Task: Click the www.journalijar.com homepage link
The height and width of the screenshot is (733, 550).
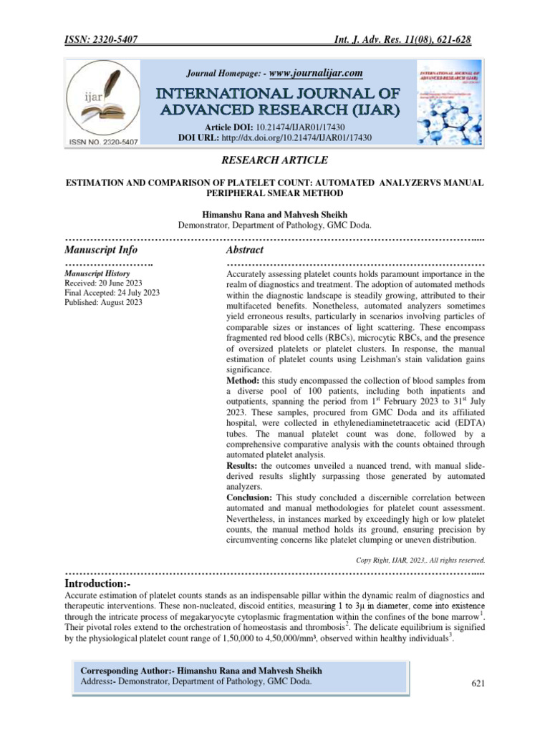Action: [317, 73]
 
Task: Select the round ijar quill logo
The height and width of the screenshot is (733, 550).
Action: [105, 102]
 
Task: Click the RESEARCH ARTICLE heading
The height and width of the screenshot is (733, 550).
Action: [275, 161]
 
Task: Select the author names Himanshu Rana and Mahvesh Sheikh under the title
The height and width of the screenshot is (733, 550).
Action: [275, 214]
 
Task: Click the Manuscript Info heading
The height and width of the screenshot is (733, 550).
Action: [101, 250]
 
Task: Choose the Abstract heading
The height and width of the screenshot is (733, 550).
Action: [244, 250]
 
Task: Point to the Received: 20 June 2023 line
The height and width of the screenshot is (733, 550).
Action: [103, 283]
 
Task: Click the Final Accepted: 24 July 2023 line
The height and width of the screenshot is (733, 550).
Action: [112, 293]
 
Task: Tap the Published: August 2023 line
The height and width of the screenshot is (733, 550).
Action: [103, 303]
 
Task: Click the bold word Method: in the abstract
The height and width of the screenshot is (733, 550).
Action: [244, 380]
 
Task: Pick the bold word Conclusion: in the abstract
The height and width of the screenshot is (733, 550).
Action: [249, 497]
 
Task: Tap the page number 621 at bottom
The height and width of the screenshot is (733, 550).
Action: [478, 684]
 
